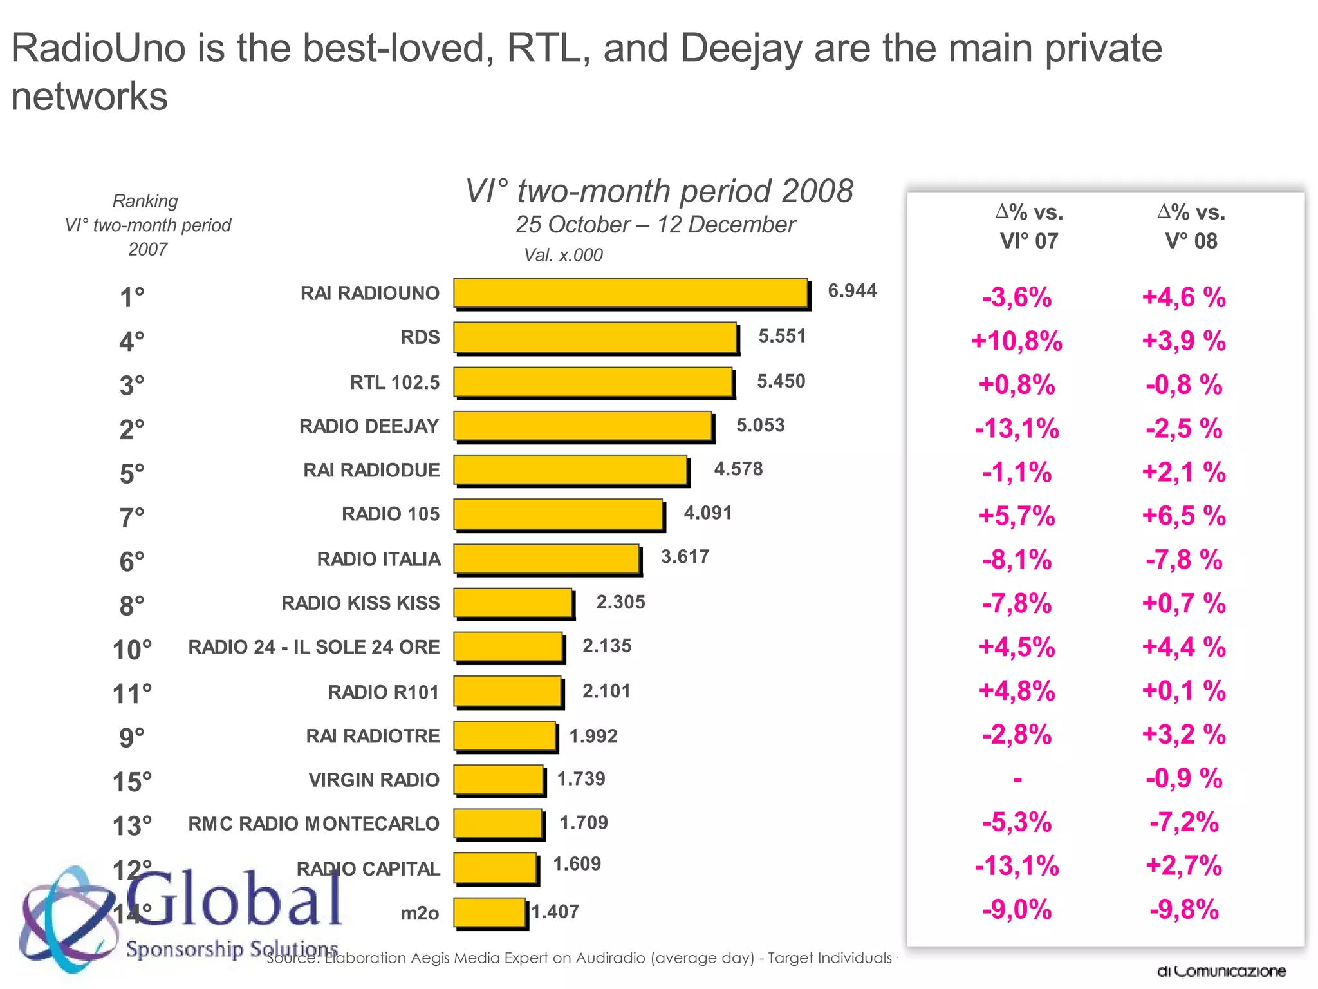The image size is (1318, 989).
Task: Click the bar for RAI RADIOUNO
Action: pos(631,294)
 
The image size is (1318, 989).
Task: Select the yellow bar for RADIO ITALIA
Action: pos(547,559)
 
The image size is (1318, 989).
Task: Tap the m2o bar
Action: pos(490,912)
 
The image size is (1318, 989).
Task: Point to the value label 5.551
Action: pos(781,336)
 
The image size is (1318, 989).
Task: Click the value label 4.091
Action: pos(707,513)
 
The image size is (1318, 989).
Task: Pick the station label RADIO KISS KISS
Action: pos(360,603)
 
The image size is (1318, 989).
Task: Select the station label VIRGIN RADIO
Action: pos(374,780)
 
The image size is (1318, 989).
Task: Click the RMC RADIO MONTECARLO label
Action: pos(314,824)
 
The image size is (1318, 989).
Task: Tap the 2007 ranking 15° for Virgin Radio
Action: pos(133,782)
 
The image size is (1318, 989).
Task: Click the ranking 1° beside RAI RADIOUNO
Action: pos(132,297)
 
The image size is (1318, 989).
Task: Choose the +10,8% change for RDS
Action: pos(1016,341)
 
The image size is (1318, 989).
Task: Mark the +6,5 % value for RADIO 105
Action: pos(1183,516)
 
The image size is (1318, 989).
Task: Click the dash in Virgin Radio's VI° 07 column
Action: pos(1017,780)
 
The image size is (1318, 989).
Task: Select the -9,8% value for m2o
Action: pos(1183,910)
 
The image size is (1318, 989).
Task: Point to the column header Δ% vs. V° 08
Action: pos(1191,226)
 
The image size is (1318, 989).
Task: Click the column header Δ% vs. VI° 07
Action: pos(1029,226)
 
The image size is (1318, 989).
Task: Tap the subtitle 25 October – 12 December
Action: pos(655,225)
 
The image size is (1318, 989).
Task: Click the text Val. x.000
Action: pos(563,255)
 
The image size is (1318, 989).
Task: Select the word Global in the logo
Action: pos(235,898)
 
